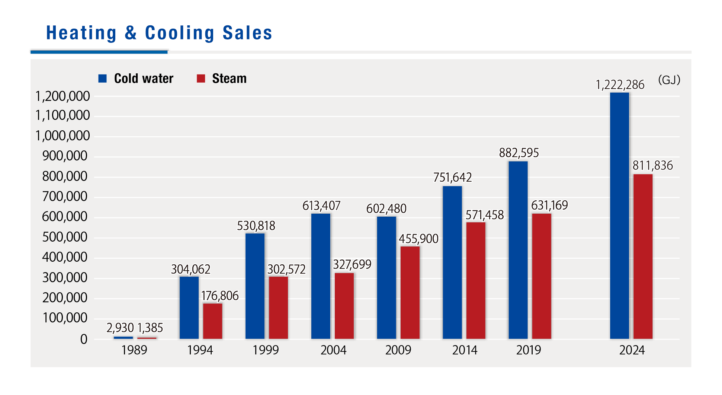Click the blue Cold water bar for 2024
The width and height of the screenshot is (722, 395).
pyautogui.click(x=619, y=216)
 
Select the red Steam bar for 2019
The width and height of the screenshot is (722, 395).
pyautogui.click(x=542, y=276)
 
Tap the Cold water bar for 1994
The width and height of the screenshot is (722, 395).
pyautogui.click(x=189, y=308)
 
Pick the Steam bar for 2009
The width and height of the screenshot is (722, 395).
pyautogui.click(x=410, y=292)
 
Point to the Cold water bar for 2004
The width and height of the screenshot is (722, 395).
pyautogui.click(x=321, y=276)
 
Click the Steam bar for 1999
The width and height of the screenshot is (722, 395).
pyautogui.click(x=278, y=308)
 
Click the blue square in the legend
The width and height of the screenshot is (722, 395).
pyautogui.click(x=103, y=79)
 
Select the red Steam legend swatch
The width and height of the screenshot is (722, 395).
pyautogui.click(x=201, y=79)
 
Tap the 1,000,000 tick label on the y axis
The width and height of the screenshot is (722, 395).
pyautogui.click(x=62, y=136)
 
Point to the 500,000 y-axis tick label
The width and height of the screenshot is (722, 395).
pyautogui.click(x=65, y=237)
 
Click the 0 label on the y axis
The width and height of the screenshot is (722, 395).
pyautogui.click(x=84, y=339)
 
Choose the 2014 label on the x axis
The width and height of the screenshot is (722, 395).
pyautogui.click(x=465, y=350)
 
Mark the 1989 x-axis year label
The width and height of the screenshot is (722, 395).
pyautogui.click(x=134, y=350)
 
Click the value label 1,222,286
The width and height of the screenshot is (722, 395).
pyautogui.click(x=620, y=85)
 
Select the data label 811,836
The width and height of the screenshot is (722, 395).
pyautogui.click(x=653, y=166)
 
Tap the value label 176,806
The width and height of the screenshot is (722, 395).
pyautogui.click(x=220, y=296)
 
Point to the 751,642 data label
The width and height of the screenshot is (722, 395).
pyautogui.click(x=452, y=178)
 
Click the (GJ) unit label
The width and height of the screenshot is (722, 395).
pyautogui.click(x=669, y=80)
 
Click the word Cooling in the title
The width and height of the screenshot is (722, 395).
pyautogui.click(x=180, y=33)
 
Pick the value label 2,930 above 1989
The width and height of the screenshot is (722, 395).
pyautogui.click(x=120, y=328)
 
